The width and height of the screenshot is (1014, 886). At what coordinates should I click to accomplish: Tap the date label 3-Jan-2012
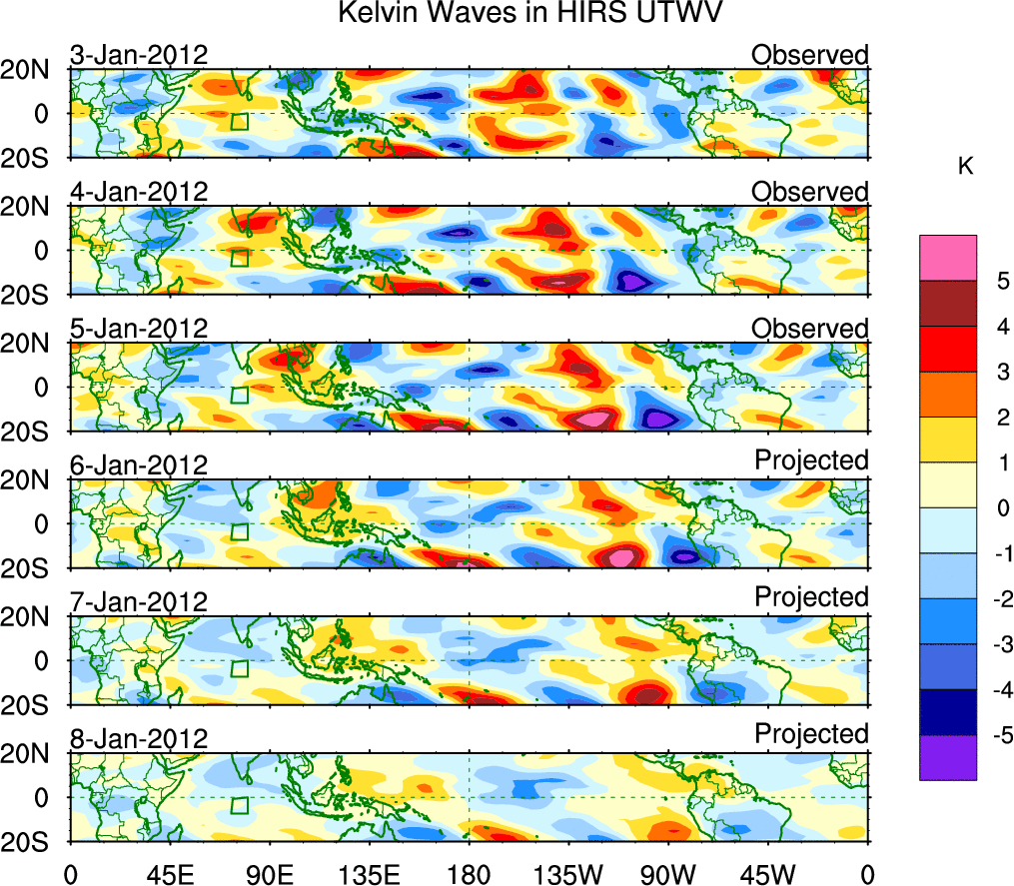[139, 55]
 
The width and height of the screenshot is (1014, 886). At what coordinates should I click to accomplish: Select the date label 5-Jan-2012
[139, 328]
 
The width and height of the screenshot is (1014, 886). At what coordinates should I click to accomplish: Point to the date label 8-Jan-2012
[139, 738]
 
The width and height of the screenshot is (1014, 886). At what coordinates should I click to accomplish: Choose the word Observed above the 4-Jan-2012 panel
[810, 191]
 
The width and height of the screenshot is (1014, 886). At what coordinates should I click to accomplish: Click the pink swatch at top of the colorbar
[948, 258]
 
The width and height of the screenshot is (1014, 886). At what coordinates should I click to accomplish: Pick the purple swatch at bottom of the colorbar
[948, 757]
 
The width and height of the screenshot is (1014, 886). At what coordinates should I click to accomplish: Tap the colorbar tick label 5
[995, 282]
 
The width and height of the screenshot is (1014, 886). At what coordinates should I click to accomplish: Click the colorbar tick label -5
[992, 735]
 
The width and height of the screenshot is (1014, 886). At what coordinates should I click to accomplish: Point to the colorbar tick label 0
[995, 508]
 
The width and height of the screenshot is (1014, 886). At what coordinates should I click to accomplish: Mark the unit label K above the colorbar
[965, 167]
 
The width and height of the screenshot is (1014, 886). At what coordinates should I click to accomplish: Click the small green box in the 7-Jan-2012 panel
[239, 668]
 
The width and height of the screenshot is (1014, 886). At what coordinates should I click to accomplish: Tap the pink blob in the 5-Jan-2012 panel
[595, 419]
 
